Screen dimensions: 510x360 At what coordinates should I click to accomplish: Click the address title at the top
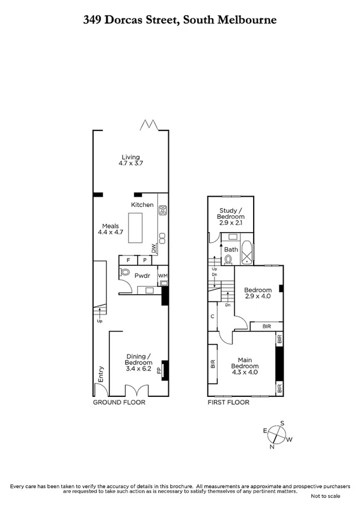180,20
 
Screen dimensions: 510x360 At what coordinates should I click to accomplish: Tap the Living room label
131,161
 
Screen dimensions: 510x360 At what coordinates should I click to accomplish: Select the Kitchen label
142,205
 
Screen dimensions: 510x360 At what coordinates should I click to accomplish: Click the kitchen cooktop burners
162,210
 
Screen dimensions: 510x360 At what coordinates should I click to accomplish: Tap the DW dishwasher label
153,247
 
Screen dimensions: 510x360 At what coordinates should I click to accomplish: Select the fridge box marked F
128,260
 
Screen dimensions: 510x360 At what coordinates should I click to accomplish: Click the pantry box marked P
145,260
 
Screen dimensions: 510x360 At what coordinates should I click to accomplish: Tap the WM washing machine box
162,276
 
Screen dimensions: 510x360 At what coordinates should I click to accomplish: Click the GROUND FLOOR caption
119,402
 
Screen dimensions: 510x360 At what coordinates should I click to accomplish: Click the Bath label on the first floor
231,249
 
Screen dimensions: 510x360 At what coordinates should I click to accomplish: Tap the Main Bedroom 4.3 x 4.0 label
245,366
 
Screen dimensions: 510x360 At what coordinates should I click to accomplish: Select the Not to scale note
325,496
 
